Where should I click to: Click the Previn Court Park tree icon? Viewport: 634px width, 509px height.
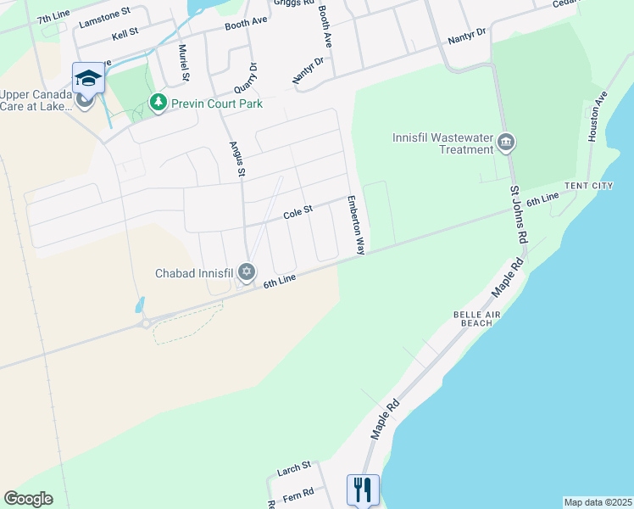(x=157, y=103)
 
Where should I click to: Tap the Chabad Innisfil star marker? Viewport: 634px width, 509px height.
(x=247, y=272)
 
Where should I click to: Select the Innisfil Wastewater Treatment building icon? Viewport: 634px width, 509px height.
(x=506, y=142)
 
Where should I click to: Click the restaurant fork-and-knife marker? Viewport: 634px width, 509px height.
(x=362, y=489)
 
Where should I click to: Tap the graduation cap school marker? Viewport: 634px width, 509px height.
(x=87, y=79)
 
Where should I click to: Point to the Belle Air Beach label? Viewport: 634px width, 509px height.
(x=472, y=318)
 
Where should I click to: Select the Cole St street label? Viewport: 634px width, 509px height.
(x=298, y=212)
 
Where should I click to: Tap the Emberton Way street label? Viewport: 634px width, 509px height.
(x=354, y=226)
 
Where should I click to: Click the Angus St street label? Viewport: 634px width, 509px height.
(x=236, y=159)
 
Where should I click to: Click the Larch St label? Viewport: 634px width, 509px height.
(x=295, y=467)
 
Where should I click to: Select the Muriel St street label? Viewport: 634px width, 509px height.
(x=182, y=64)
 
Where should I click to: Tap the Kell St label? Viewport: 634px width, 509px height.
(x=124, y=37)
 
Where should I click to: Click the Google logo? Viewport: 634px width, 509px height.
(x=28, y=499)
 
